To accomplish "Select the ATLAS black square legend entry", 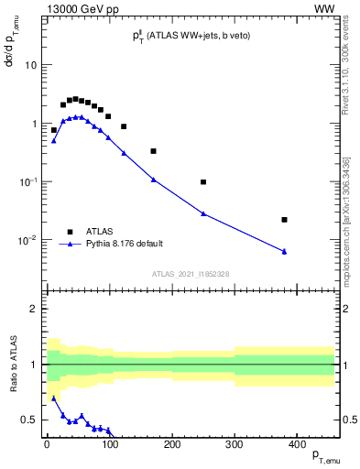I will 70,231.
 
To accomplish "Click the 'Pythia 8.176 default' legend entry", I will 123,244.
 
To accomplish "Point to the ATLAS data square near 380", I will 285,220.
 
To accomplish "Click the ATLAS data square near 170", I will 153,151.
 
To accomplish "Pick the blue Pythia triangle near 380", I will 285,251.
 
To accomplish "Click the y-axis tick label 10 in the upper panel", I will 29,66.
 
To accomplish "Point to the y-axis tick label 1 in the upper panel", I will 33,124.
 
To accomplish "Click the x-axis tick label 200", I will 172,444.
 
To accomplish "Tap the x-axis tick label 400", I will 297,444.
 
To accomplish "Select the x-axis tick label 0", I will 47,444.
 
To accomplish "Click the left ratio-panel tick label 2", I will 34,309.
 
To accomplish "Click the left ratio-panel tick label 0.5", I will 29,420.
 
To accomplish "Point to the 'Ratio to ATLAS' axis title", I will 12,365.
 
